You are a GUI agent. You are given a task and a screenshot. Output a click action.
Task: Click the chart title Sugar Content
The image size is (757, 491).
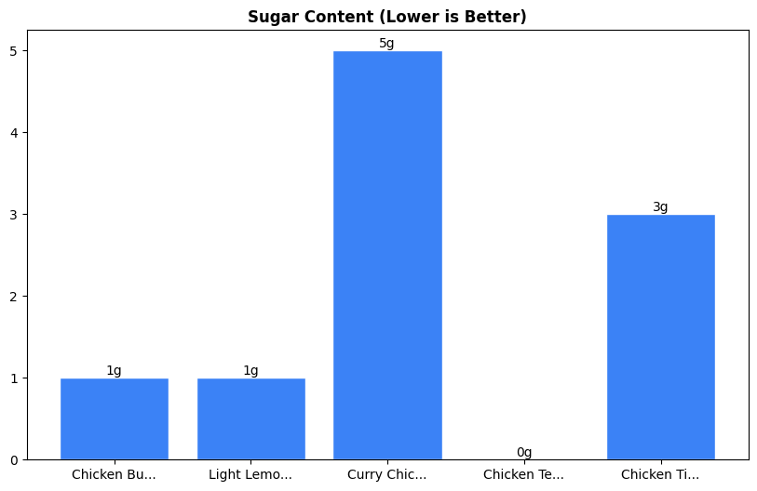coord(386,17)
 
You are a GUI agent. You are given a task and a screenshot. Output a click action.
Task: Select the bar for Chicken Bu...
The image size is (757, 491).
coord(114,418)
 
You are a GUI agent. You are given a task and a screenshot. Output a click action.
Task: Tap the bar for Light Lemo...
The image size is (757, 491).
coord(250,418)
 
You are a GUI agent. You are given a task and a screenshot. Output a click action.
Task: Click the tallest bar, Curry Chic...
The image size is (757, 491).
coord(387,255)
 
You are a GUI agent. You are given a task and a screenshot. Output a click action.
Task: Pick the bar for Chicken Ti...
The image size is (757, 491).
coord(660,337)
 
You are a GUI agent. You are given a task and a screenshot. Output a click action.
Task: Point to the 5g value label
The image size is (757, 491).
coord(386,44)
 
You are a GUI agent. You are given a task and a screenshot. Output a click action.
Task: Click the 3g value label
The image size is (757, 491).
coord(660,207)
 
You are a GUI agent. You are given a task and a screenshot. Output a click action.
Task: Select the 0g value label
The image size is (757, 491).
coord(524,453)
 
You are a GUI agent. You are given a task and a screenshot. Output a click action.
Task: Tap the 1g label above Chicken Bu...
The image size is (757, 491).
coord(114,371)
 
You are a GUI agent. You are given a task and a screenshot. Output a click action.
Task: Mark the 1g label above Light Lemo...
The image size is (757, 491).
coord(250,371)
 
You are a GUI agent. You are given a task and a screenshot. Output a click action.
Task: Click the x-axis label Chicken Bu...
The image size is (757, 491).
coord(114,475)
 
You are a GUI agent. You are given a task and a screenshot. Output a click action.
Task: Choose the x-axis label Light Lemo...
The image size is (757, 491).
coord(250,475)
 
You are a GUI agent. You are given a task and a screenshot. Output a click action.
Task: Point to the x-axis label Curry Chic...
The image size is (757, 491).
coord(387,475)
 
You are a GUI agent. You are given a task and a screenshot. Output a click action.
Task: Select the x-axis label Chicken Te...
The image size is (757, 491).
coord(523,475)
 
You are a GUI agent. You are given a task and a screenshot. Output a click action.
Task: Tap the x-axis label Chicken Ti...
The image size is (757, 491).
coord(660,475)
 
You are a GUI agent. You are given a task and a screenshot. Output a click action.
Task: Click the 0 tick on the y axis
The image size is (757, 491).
coord(15,460)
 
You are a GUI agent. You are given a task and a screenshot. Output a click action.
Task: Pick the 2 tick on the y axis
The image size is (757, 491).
coord(15,297)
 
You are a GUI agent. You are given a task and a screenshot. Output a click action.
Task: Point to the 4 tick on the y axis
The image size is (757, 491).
coord(15,133)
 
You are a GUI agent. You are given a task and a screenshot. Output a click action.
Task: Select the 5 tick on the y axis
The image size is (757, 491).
coord(15,51)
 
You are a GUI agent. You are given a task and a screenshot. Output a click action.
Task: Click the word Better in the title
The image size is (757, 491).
coord(497,17)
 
